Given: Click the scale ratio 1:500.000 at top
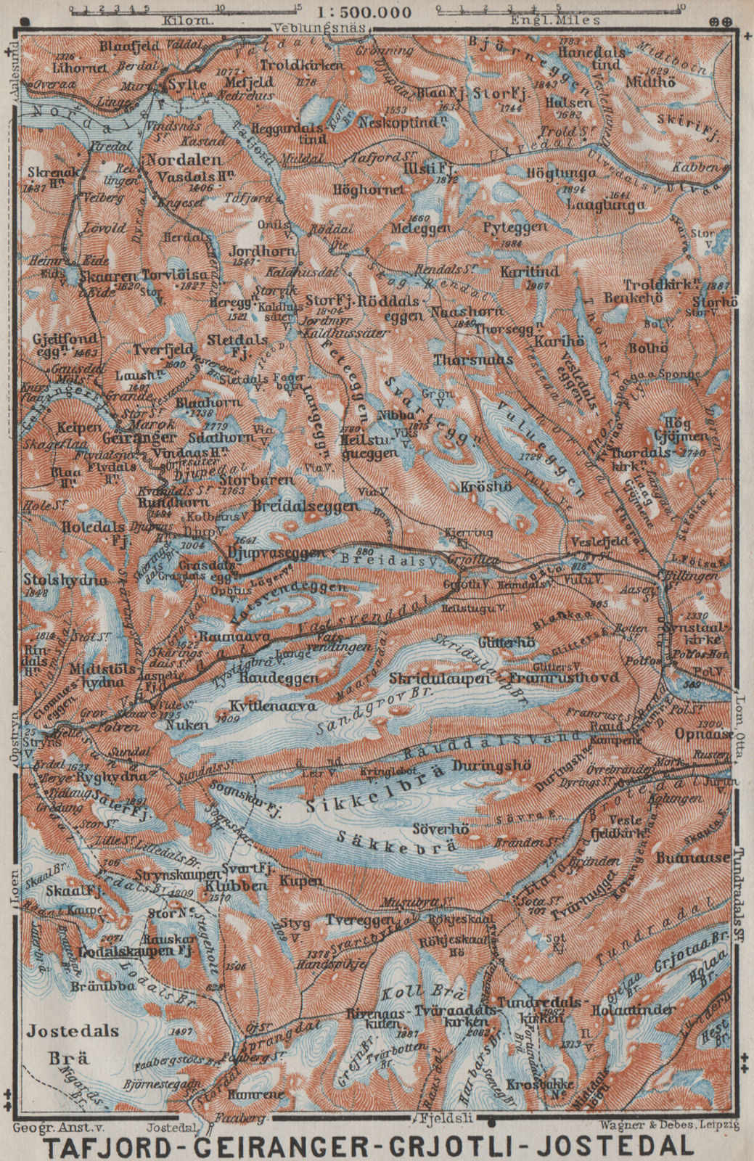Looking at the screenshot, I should coord(364,12).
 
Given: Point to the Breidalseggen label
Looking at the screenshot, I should coord(305,506).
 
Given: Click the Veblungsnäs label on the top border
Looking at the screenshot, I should coord(318,29).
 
